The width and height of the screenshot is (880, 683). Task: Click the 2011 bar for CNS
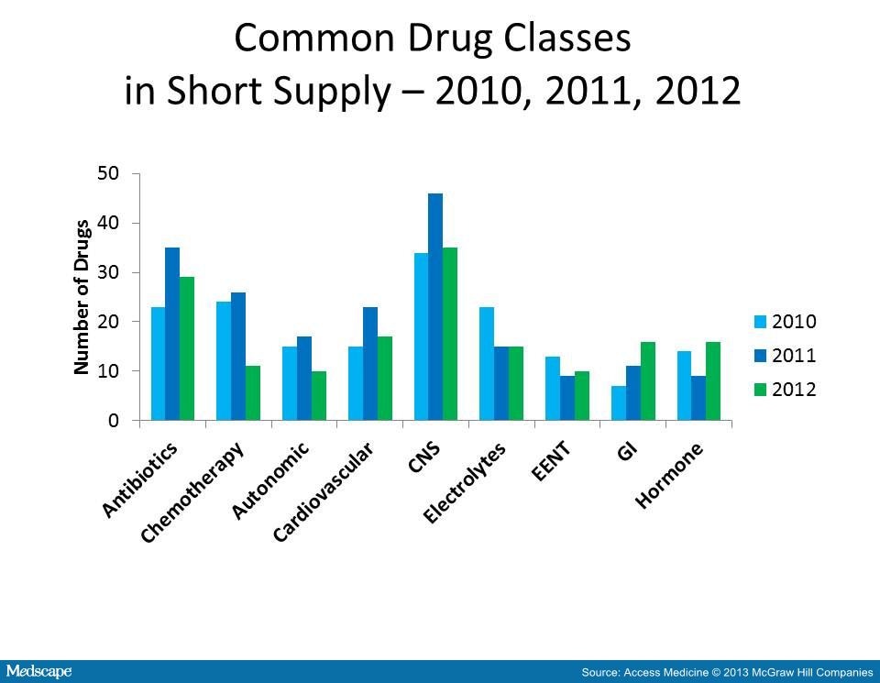coord(434,307)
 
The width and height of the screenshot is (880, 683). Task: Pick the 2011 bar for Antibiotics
coord(172,334)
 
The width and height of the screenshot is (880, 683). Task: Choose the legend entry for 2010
coord(785,322)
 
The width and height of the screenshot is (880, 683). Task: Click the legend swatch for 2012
coord(760,389)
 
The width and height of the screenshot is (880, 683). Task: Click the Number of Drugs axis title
coord(82,296)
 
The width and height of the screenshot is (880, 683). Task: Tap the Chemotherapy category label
coord(194,491)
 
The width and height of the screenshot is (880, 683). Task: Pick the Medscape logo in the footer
coord(37,672)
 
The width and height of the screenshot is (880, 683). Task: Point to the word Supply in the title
coord(346,92)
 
